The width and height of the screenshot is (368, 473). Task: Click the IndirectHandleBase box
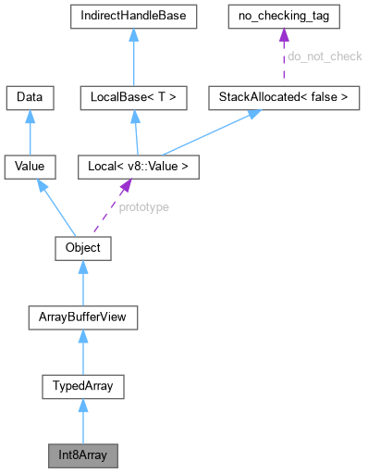pyautogui.click(x=134, y=19)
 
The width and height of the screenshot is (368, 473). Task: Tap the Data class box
pyautogui.click(x=30, y=95)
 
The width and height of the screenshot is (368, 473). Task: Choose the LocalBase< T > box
pyautogui.click(x=134, y=95)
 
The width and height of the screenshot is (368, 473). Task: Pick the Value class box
pyautogui.click(x=30, y=167)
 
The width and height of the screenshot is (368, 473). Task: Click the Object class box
pyautogui.click(x=83, y=248)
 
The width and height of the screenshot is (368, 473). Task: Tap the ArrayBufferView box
pyautogui.click(x=83, y=318)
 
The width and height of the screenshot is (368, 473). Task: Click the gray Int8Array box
pyautogui.click(x=83, y=456)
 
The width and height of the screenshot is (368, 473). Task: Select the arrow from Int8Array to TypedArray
pyautogui.click(x=83, y=422)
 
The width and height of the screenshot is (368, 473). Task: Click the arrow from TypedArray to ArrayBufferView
pyautogui.click(x=83, y=353)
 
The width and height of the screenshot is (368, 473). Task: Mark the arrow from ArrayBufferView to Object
pyautogui.click(x=83, y=283)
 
